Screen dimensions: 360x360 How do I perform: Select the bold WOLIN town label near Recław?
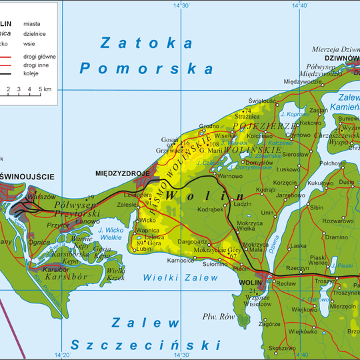tap(250, 282)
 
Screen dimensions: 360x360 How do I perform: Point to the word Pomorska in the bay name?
tap(146, 68)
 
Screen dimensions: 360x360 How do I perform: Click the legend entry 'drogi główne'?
tap(39, 57)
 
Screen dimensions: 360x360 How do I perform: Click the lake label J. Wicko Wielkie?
tap(109, 232)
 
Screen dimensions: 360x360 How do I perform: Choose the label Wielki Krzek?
tap(115, 273)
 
